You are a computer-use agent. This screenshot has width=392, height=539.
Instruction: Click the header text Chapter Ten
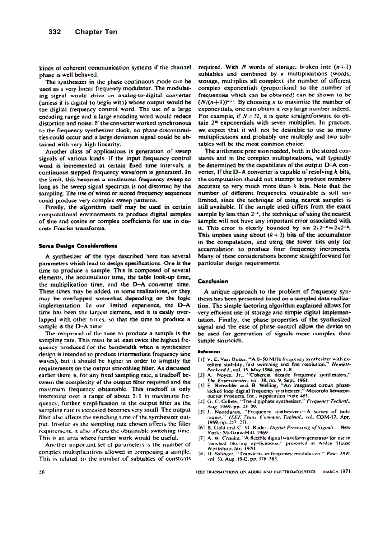point(96,32)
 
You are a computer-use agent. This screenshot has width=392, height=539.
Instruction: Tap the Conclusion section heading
point(213,281)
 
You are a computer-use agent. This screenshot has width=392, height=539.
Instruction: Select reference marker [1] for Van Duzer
point(201,358)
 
